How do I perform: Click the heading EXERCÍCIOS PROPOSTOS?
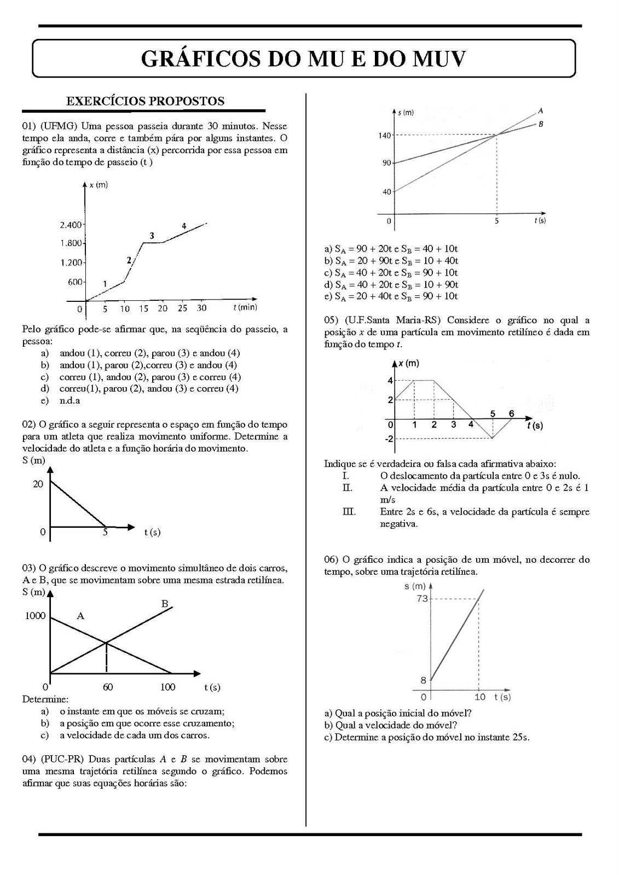145,101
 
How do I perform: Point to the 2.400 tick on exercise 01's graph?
71,225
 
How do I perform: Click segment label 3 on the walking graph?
152,236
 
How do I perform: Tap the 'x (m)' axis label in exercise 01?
99,185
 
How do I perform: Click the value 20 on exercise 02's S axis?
38,484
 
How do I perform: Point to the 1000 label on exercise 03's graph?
35,616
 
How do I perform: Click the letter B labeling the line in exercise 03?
165,604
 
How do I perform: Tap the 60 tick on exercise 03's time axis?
107,687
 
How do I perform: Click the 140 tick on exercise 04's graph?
384,135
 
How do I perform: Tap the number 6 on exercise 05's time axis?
511,413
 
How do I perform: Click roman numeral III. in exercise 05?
349,512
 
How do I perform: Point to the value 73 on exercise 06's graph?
421,598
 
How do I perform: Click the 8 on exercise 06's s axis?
423,680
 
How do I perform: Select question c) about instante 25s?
427,737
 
